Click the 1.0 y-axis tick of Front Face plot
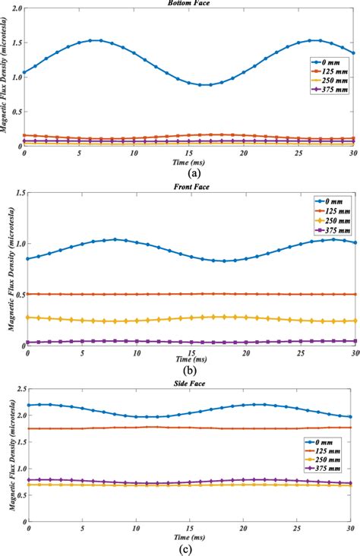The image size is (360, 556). point(17,244)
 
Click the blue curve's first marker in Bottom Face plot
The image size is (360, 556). point(24,73)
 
